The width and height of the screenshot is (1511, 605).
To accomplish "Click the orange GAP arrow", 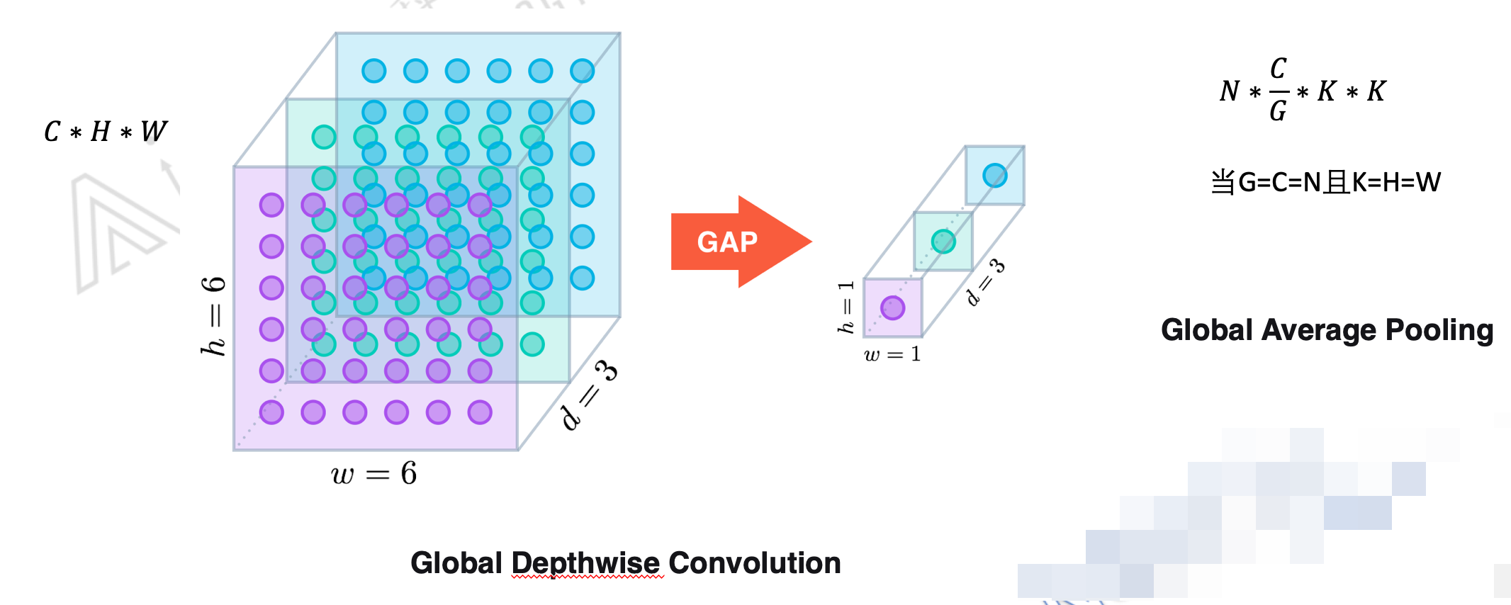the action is [x=737, y=242].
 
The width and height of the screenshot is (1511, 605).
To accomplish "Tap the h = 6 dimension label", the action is [x=213, y=316].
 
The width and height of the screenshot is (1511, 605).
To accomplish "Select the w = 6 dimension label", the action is [x=373, y=473].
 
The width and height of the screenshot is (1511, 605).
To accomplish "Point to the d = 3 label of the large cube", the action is [x=588, y=394].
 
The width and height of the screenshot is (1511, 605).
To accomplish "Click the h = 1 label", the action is [x=846, y=306].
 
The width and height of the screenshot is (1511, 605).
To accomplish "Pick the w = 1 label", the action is [x=892, y=354].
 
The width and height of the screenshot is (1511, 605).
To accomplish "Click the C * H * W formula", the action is [x=106, y=131].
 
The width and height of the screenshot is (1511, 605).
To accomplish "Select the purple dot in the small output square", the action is [x=892, y=307].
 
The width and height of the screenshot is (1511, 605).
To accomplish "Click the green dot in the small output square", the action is [x=943, y=242].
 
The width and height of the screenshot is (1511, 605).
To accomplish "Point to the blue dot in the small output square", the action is [x=995, y=175].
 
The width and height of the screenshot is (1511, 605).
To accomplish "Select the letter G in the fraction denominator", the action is [x=1278, y=111].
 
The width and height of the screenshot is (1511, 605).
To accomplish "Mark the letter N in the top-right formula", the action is [x=1230, y=91].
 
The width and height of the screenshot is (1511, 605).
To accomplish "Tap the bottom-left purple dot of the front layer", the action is [x=271, y=412].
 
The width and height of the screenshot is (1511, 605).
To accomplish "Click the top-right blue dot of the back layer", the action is [x=582, y=71].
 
